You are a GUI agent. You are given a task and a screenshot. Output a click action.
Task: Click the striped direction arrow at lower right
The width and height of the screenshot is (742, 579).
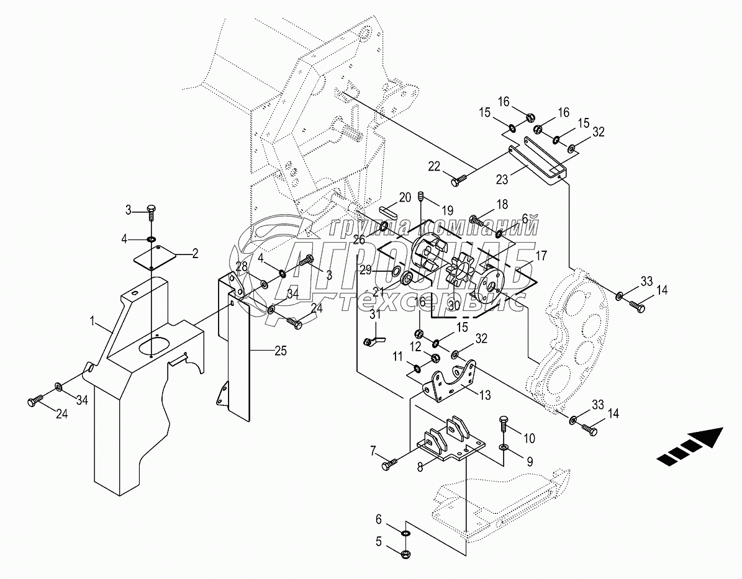(x=690, y=447)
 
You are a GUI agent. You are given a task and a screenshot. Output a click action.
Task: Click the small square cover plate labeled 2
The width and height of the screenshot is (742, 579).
(x=155, y=256)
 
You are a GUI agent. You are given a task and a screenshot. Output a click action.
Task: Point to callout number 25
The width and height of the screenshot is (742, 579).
(x=281, y=351)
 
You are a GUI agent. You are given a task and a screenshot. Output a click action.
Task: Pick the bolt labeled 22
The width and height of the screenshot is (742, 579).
(x=460, y=181)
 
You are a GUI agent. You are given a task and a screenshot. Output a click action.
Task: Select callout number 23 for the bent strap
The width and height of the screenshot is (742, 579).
(x=502, y=180)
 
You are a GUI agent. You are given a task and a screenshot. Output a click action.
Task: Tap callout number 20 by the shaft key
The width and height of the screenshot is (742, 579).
(x=405, y=197)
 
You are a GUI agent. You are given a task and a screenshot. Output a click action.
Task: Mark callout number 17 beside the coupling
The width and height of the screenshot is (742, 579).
(x=541, y=255)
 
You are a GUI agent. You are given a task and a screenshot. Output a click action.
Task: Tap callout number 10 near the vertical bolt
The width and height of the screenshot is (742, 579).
(x=529, y=439)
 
